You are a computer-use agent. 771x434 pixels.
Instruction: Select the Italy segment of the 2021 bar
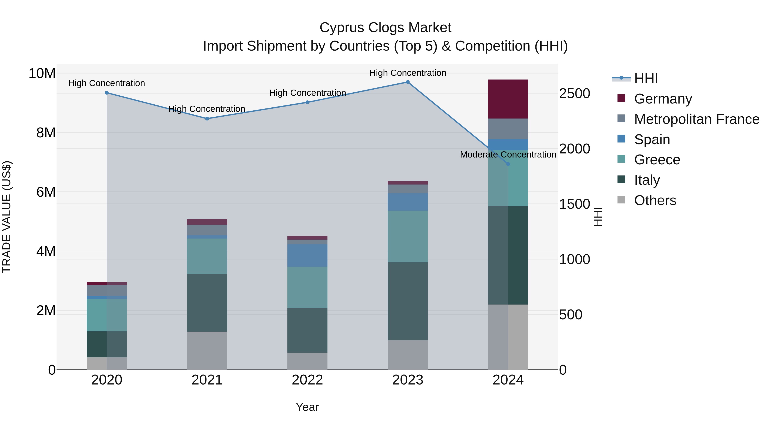click(207, 302)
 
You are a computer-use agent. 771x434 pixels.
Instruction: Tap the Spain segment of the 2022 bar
click(307, 255)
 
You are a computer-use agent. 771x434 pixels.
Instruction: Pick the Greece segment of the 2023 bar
click(407, 236)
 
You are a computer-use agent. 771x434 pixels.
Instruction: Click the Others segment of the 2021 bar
click(207, 350)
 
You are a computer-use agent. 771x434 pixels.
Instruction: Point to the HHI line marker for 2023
click(407, 82)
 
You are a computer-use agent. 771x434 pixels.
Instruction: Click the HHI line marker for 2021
click(207, 119)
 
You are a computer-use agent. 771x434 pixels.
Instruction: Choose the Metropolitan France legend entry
click(696, 119)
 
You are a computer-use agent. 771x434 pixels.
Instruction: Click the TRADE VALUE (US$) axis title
click(7, 217)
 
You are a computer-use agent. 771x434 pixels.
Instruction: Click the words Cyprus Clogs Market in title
click(385, 28)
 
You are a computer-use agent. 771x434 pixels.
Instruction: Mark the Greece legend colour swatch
click(621, 159)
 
